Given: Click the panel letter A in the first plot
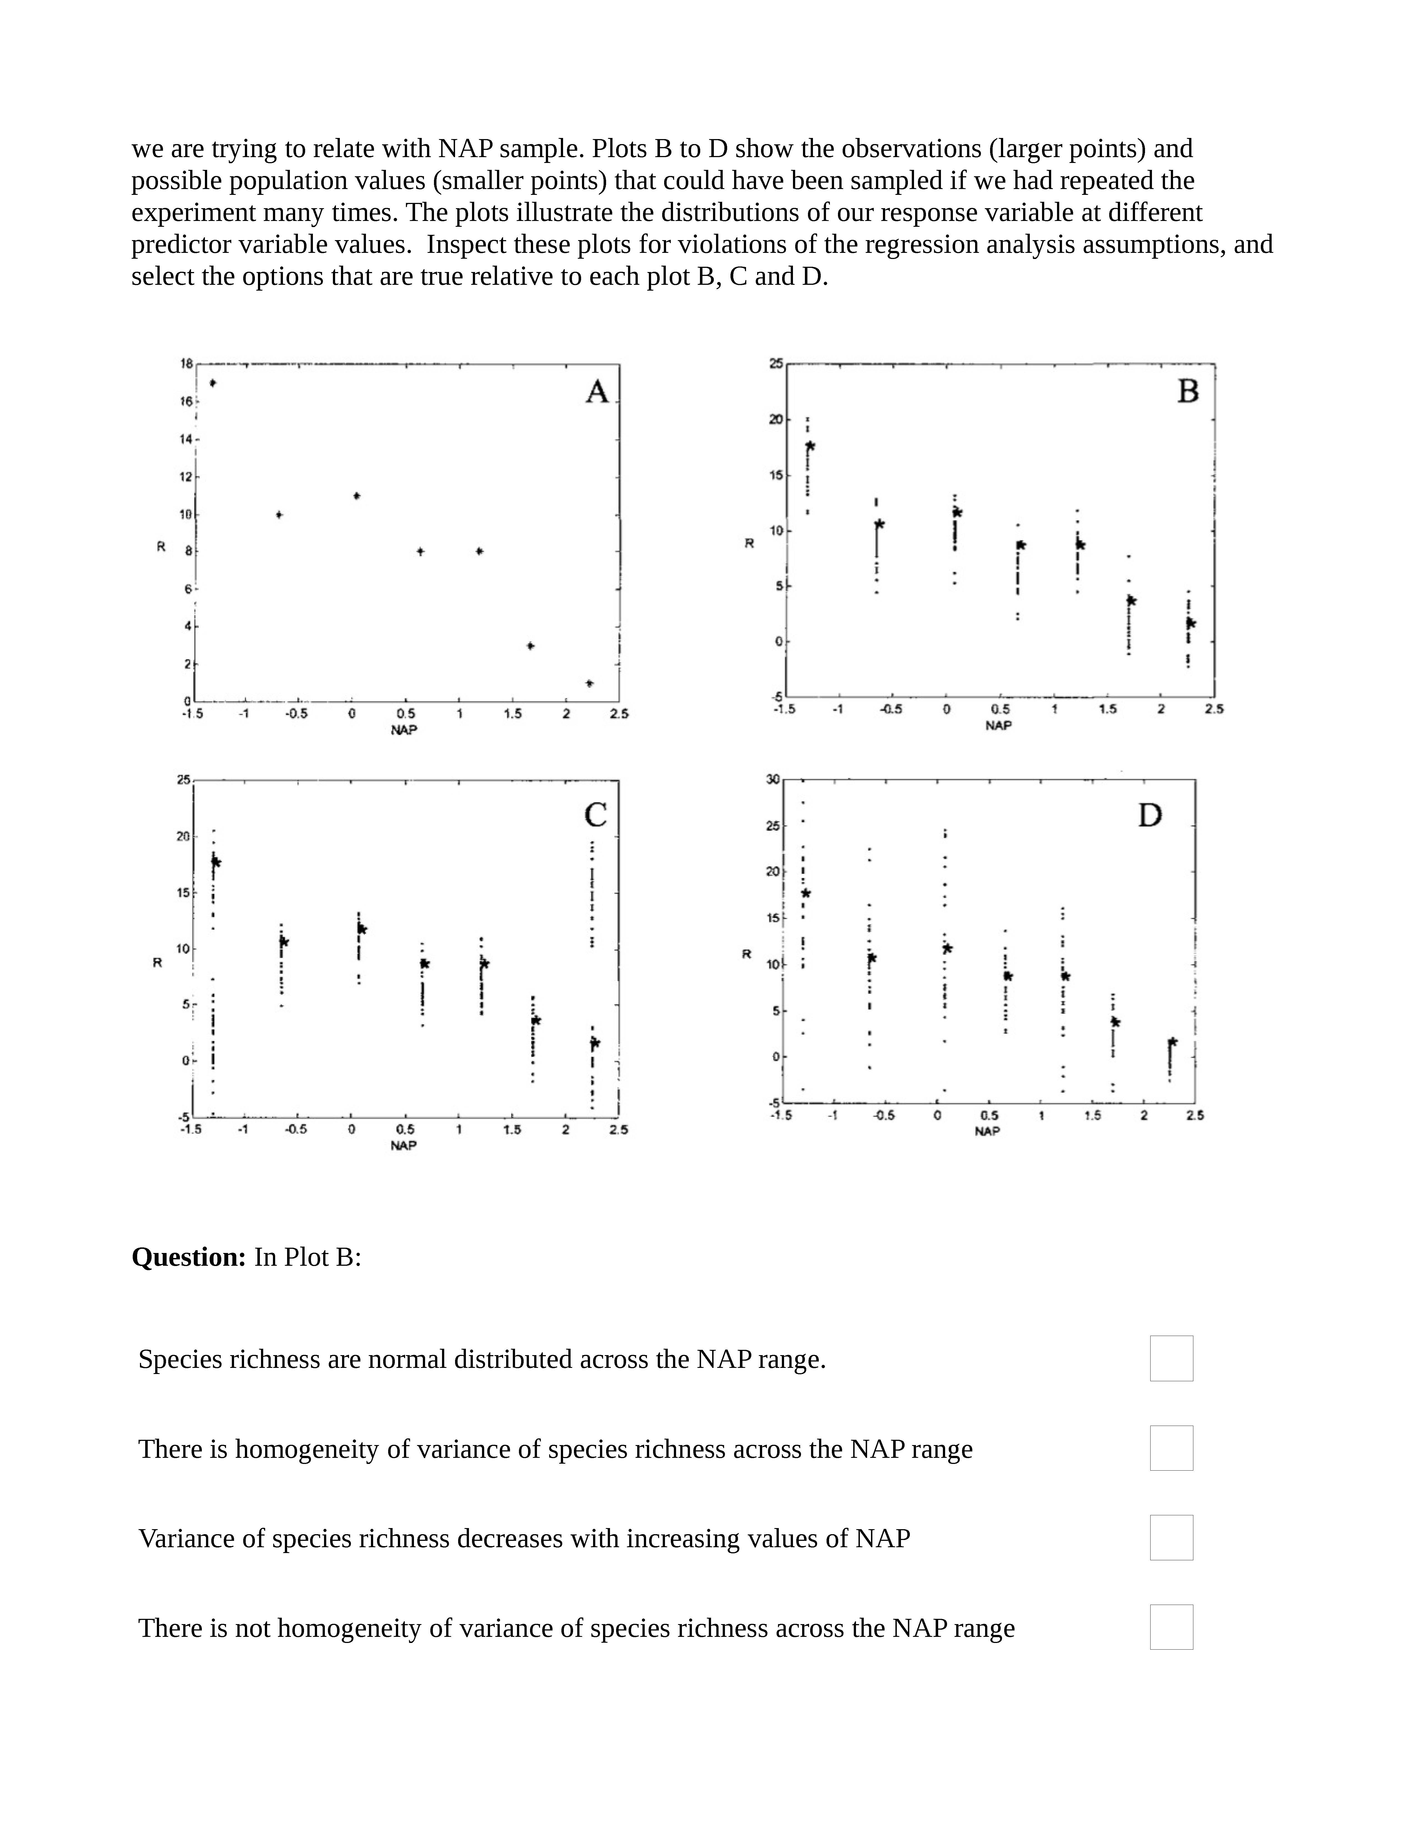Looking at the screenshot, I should [596, 392].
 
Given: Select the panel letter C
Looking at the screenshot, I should [596, 815].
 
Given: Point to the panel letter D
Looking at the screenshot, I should [1150, 815].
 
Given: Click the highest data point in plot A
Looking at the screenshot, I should [213, 383].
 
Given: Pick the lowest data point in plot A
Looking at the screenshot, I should [590, 684].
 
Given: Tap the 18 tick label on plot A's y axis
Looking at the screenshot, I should [186, 363].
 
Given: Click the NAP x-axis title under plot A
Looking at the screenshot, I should [403, 730].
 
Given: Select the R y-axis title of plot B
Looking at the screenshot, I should [749, 543].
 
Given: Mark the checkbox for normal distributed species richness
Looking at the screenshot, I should [1171, 1358].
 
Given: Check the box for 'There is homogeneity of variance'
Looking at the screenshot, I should [1171, 1448].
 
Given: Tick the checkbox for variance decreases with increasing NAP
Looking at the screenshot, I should [1171, 1537].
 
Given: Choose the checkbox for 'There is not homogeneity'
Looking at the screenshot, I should [1171, 1627].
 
